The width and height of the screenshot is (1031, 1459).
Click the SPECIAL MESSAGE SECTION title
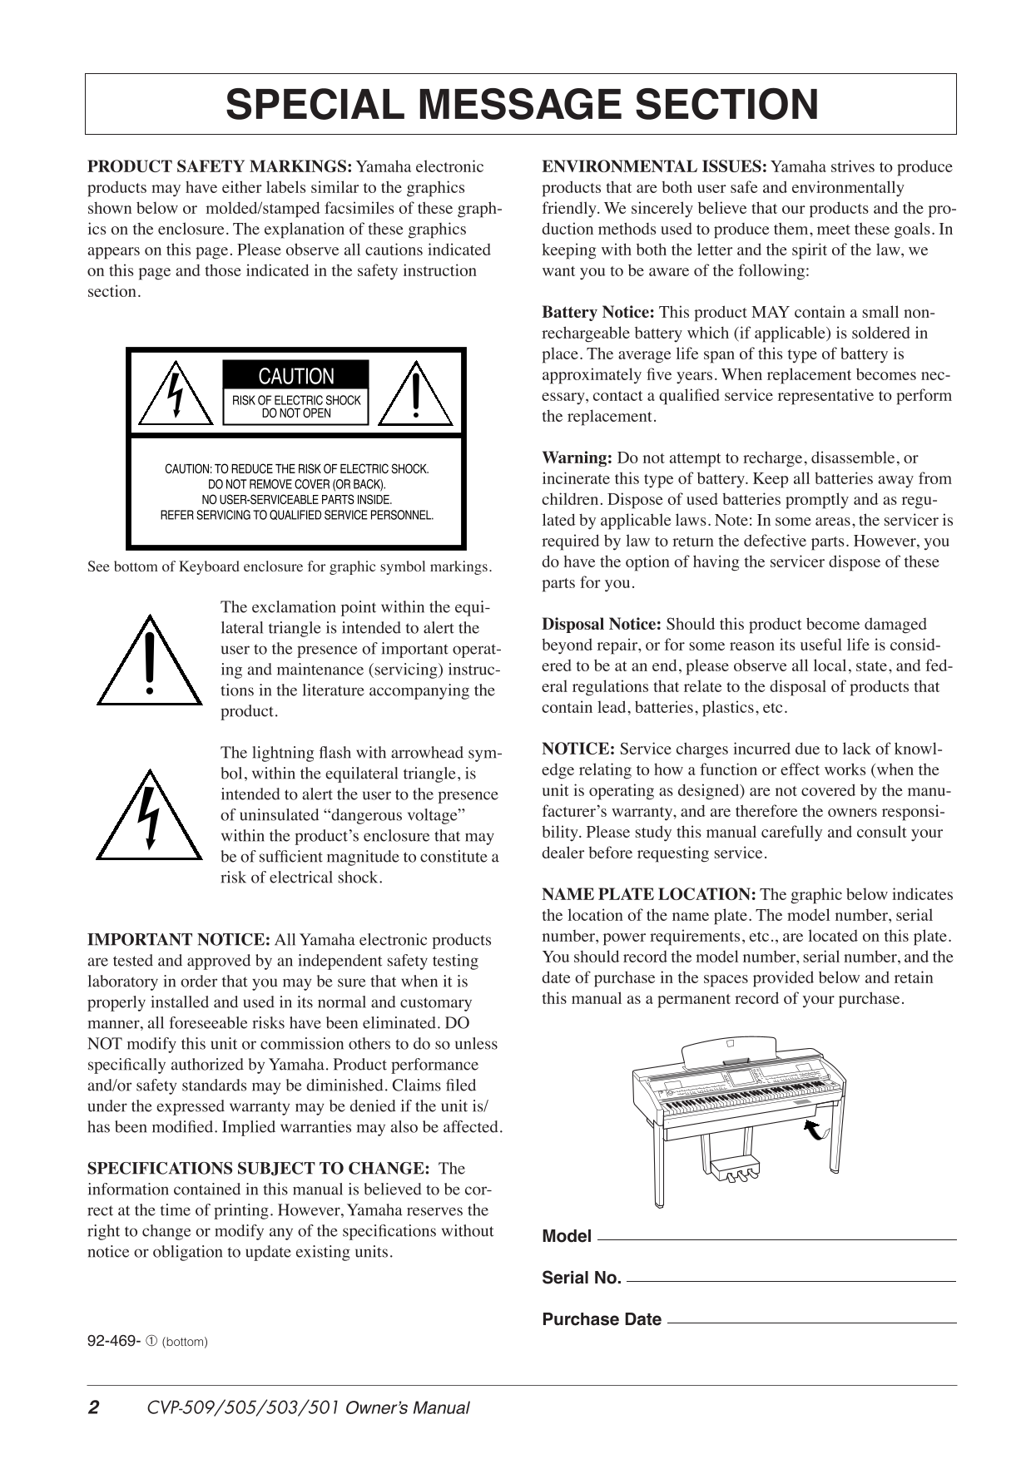point(521,105)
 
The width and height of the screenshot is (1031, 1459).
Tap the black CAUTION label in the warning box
point(295,376)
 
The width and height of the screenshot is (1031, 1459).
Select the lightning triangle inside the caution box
point(176,394)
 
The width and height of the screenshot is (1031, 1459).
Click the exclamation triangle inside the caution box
point(415,394)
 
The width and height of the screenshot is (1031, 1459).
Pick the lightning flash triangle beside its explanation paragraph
point(149,818)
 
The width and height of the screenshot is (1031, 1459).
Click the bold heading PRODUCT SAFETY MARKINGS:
point(221,167)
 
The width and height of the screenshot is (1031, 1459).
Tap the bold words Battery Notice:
point(598,313)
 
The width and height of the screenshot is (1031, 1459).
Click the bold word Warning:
point(577,458)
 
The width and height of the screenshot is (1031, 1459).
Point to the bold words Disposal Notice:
point(602,625)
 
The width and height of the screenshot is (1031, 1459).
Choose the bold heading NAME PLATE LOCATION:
point(649,895)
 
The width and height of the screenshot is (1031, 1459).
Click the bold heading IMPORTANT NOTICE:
point(179,940)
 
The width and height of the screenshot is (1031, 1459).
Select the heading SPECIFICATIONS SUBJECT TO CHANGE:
point(259,1169)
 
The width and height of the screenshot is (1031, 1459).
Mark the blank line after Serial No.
point(791,1280)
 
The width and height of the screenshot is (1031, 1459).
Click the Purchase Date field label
point(602,1319)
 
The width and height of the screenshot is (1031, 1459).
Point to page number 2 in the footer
point(94,1408)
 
